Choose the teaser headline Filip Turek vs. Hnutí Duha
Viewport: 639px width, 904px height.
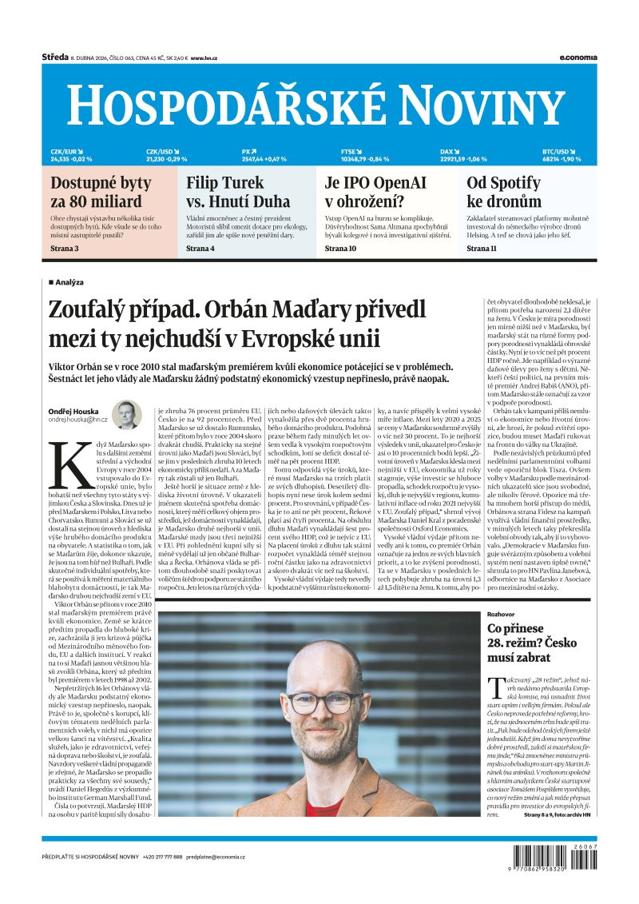(238, 192)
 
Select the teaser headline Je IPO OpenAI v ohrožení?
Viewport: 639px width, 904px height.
(375, 192)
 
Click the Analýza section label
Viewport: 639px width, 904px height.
(69, 282)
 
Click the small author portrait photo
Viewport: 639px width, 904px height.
(126, 415)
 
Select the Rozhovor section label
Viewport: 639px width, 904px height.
(503, 613)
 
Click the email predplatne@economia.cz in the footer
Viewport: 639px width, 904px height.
(216, 857)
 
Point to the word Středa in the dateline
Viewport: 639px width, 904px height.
(54, 58)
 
